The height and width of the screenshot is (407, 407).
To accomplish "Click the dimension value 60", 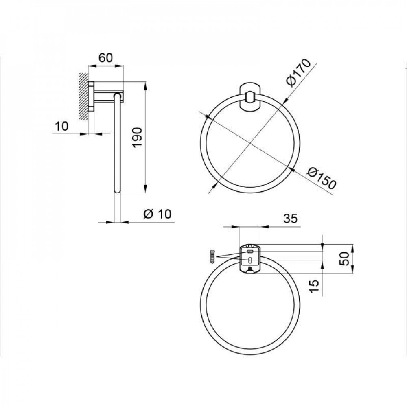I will tap(105, 58).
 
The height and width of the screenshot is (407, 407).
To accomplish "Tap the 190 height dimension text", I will tap(137, 137).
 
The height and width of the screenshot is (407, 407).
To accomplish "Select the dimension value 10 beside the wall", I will tap(61, 126).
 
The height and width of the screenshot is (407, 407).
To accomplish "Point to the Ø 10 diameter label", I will tap(158, 214).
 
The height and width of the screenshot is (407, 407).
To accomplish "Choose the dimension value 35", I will tap(291, 219).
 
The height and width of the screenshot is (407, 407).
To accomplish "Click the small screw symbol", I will tap(212, 256).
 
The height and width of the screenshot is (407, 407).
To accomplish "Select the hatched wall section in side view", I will tap(84, 96).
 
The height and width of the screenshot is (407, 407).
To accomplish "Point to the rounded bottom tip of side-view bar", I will tap(117, 190).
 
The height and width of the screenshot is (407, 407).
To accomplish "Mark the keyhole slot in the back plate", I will tap(249, 259).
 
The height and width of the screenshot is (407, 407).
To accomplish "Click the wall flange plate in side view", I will tap(92, 96).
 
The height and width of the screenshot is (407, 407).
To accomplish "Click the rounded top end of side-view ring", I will tap(117, 96).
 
